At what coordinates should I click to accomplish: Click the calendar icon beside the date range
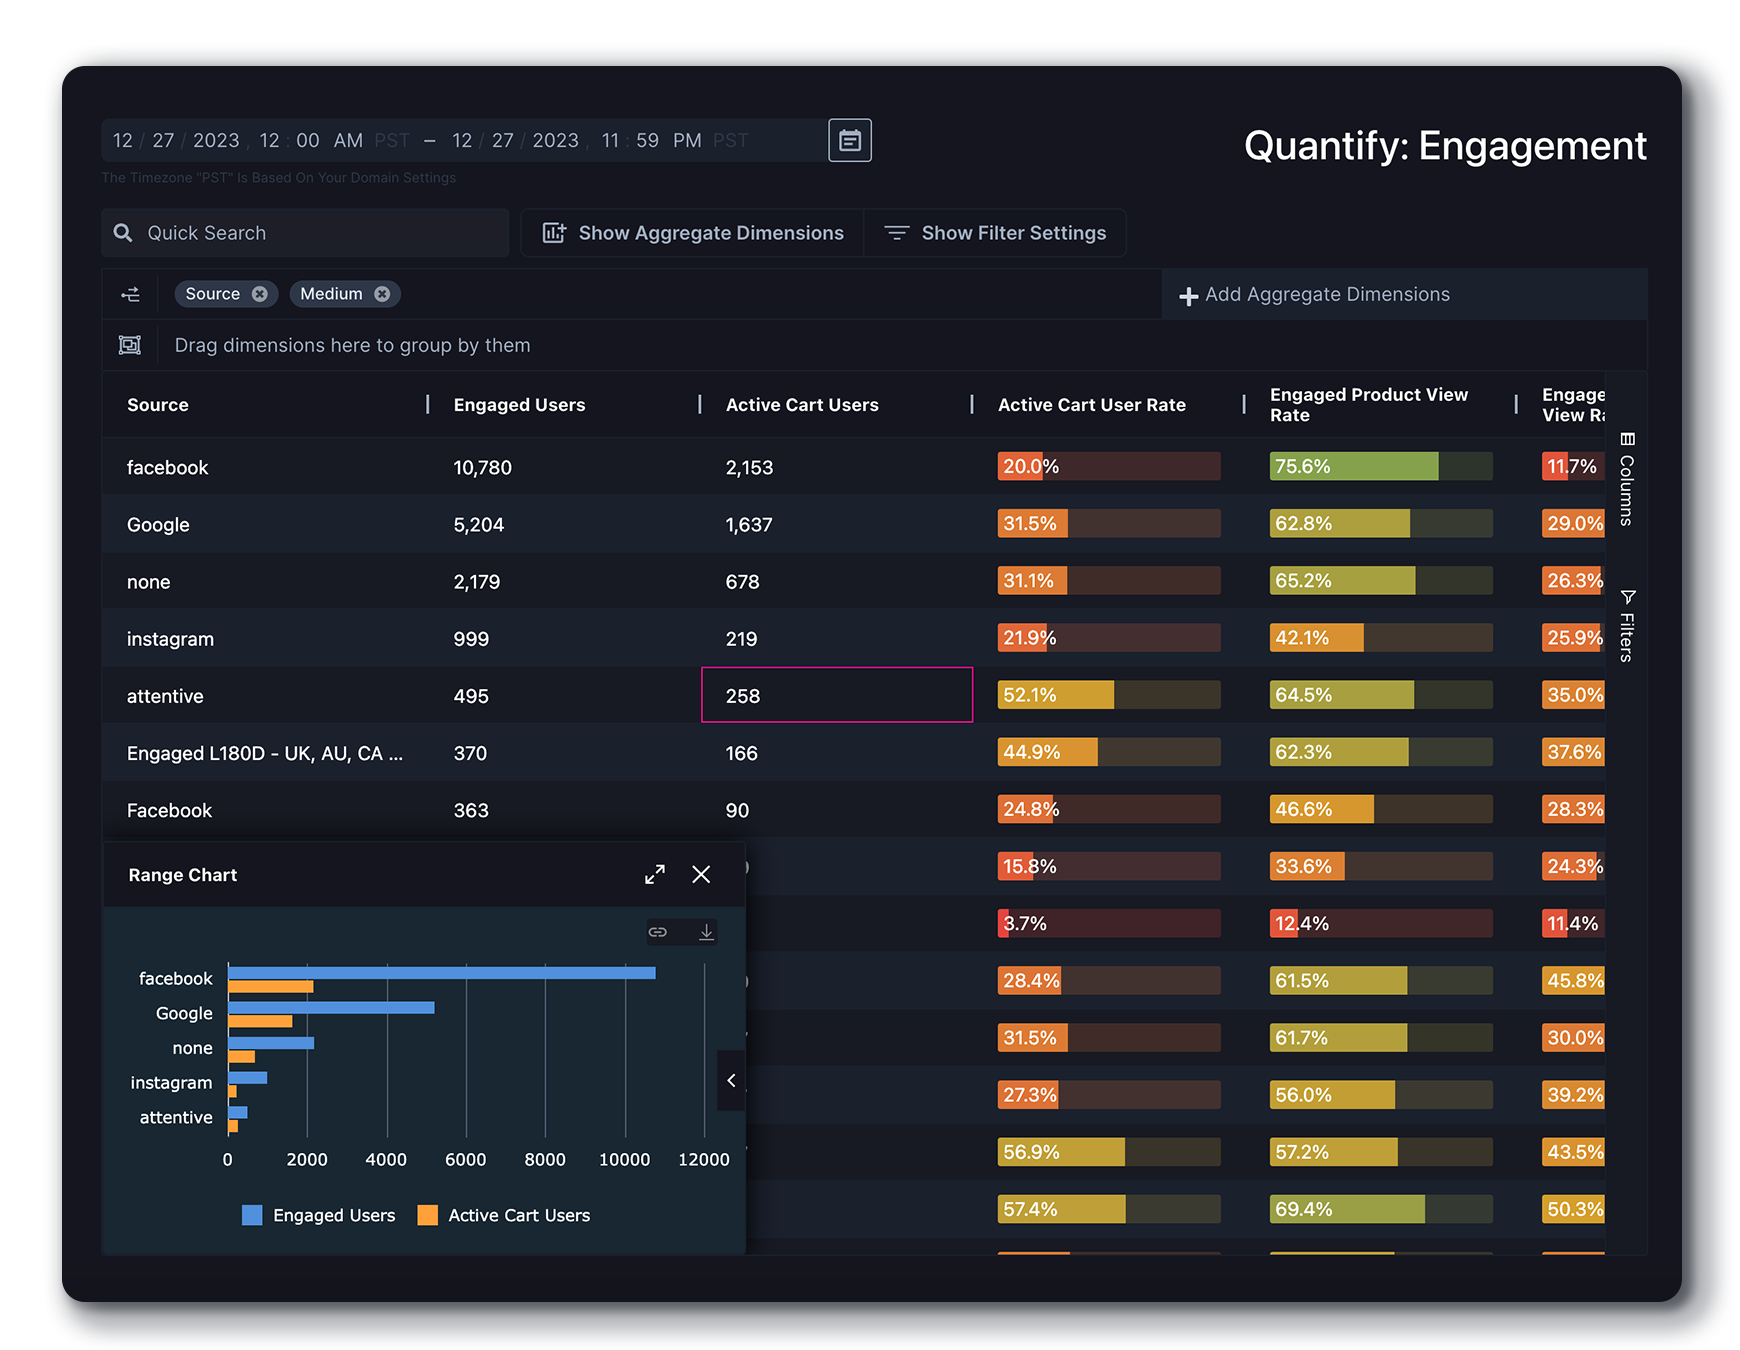849,140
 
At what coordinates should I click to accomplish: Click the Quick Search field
305,233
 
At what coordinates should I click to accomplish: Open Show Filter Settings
996,233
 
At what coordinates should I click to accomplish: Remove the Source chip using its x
260,294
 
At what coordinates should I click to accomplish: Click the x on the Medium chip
382,294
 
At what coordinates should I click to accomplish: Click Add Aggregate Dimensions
1315,295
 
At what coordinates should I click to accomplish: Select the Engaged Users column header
519,405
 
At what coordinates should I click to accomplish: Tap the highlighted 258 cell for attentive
836,695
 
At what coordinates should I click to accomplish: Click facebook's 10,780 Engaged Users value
482,468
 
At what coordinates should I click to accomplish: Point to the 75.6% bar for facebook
1380,467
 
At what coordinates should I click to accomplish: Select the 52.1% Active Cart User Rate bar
1108,695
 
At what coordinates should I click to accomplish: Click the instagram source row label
170,639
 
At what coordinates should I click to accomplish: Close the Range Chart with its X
701,875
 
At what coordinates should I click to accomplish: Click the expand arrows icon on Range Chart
655,875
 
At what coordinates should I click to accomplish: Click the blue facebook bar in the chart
441,973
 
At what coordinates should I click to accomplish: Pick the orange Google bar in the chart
260,1022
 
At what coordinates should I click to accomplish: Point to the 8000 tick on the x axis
545,1160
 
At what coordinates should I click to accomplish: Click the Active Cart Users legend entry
505,1215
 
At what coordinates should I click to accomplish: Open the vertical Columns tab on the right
1627,480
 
